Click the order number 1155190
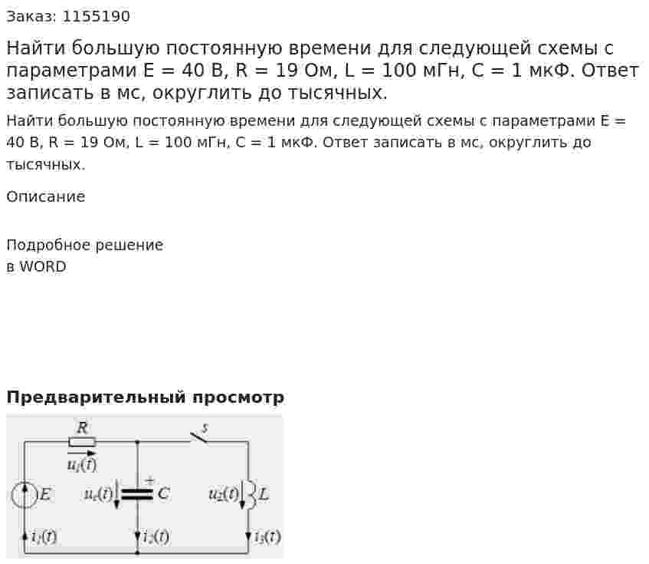(x=96, y=16)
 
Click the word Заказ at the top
(x=31, y=17)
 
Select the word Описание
(x=46, y=196)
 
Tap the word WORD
(x=43, y=266)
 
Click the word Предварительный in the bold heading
(x=96, y=397)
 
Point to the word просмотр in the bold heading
(x=238, y=398)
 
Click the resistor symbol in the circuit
(x=82, y=442)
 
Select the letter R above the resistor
(x=82, y=427)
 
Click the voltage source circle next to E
(x=25, y=495)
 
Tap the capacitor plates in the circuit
(x=137, y=493)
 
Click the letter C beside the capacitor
(x=163, y=493)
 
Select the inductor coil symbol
(x=251, y=494)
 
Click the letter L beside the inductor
(x=264, y=494)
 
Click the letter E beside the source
(x=44, y=494)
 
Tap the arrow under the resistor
(x=81, y=454)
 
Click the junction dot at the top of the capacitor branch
(x=137, y=442)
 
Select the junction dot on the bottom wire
(x=137, y=552)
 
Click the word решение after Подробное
(x=129, y=246)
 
